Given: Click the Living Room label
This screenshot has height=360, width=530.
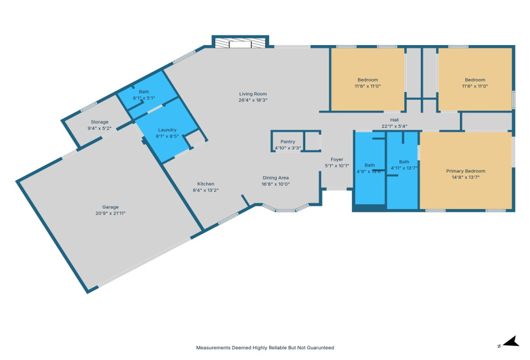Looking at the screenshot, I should pyautogui.click(x=252, y=94).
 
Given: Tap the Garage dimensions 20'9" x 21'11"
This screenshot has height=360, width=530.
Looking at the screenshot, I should pyautogui.click(x=110, y=213).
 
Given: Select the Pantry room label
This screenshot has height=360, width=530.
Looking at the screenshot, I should pyautogui.click(x=287, y=141).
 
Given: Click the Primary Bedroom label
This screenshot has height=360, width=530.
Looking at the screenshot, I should pyautogui.click(x=466, y=171).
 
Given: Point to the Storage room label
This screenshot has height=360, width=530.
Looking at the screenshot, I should pyautogui.click(x=99, y=122).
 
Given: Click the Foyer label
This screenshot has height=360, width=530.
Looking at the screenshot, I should pyautogui.click(x=337, y=159).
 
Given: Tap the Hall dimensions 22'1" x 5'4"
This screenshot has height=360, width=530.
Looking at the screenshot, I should pyautogui.click(x=394, y=126).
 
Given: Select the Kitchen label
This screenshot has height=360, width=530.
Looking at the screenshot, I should pyautogui.click(x=206, y=184).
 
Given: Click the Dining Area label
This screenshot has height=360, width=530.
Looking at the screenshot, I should pyautogui.click(x=276, y=177).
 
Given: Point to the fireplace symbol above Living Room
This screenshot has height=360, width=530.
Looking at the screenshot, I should pyautogui.click(x=240, y=43).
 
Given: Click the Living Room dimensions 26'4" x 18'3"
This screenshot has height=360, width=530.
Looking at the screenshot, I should pyautogui.click(x=252, y=100).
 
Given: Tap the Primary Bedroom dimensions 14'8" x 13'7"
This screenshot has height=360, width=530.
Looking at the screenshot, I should pyautogui.click(x=466, y=177).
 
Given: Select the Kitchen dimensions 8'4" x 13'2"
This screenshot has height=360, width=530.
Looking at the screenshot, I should pyautogui.click(x=206, y=190).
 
